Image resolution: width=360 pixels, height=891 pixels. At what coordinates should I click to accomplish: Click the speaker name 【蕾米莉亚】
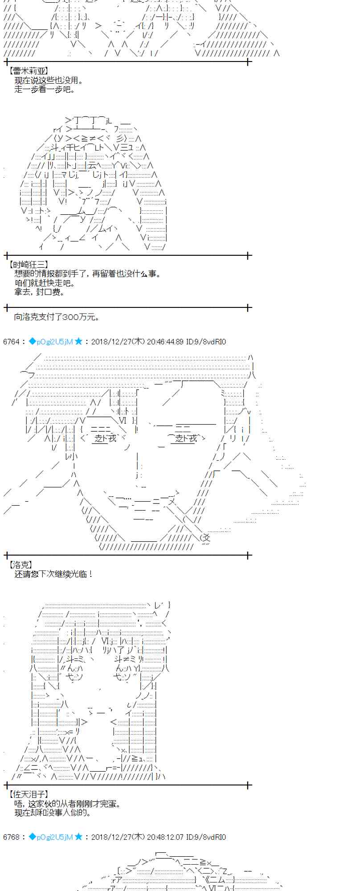tap(28, 71)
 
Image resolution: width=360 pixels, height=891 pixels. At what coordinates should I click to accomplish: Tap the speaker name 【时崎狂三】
tap(28, 265)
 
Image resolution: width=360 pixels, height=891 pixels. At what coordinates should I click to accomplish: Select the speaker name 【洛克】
tap(20, 565)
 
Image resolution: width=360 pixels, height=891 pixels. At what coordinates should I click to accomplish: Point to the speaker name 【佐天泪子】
tap(28, 794)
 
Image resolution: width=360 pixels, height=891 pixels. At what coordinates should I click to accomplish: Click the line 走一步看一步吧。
tap(45, 89)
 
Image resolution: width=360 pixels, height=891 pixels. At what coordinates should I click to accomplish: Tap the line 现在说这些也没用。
tap(49, 80)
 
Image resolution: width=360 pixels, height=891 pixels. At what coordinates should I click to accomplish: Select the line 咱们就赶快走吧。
tap(45, 283)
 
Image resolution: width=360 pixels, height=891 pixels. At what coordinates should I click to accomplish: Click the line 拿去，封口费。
tap(40, 292)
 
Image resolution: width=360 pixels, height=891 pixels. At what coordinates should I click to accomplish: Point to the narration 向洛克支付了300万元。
tap(57, 317)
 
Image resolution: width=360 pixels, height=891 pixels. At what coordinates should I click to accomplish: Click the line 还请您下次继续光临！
tap(54, 574)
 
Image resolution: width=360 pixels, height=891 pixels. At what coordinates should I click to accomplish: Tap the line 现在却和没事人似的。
tap(53, 813)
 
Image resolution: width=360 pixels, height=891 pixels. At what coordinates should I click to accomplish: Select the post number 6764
tap(11, 342)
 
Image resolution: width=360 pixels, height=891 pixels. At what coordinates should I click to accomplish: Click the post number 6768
tap(11, 837)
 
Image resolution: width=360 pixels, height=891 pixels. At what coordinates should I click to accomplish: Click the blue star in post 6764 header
tap(78, 341)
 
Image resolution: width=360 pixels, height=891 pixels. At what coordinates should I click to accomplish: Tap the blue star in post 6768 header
tap(78, 837)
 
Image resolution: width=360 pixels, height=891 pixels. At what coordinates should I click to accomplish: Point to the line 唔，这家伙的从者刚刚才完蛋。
tap(67, 804)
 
